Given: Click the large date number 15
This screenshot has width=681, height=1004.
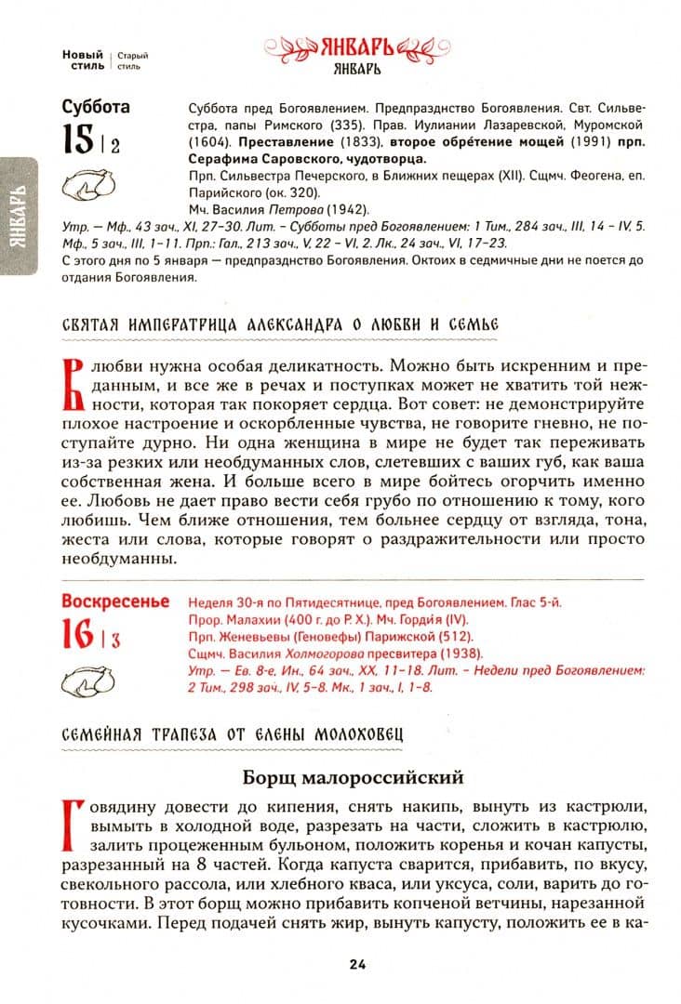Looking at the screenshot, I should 78,140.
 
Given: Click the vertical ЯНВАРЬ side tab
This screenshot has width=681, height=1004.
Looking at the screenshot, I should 20,218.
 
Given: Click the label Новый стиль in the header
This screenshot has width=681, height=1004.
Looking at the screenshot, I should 83,60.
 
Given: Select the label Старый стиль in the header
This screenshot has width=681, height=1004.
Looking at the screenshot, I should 129,60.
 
